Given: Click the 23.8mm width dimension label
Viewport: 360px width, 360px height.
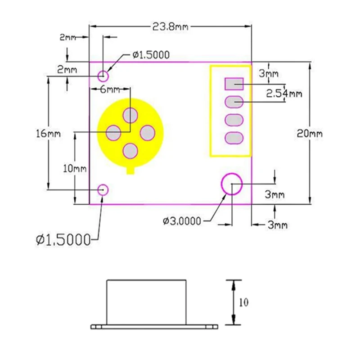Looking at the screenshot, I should (170, 27).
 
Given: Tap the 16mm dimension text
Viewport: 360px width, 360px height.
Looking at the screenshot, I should (48, 134).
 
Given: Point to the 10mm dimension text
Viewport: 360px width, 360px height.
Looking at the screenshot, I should (74, 169).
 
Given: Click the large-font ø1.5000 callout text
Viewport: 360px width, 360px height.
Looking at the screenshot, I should (63, 240).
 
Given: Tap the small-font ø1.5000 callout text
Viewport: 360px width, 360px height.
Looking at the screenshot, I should (151, 55).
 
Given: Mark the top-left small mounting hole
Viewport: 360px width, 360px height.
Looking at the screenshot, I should (103, 75).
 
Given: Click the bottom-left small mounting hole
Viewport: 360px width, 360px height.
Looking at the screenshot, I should (103, 189).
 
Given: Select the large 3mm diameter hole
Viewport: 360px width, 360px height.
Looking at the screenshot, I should (232, 184).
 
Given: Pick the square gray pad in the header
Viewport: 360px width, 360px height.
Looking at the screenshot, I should (234, 84).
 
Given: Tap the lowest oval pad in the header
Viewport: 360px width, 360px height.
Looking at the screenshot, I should (234, 138).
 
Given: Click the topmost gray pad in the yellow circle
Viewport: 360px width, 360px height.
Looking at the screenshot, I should (130, 115).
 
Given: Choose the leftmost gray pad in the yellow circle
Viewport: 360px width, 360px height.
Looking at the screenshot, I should (113, 133).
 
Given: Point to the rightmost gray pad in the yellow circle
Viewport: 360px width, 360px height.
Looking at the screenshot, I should (148, 133).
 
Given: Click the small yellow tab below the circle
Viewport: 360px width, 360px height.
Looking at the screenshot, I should (130, 170).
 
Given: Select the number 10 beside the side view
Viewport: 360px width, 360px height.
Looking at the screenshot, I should (243, 302).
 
